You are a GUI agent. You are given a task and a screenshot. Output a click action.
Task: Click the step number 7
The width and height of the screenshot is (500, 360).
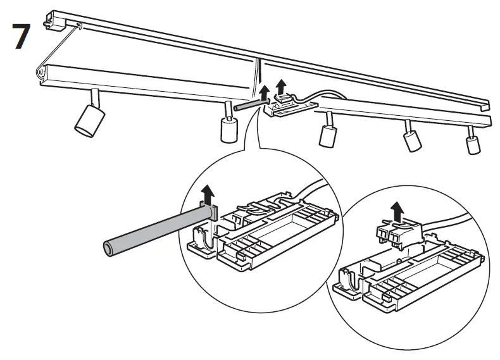[21, 37]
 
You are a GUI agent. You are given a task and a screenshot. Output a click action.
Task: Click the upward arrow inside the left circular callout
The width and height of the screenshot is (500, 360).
[205, 192]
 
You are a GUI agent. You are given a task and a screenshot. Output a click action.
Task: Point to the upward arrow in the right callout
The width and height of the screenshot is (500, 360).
[397, 209]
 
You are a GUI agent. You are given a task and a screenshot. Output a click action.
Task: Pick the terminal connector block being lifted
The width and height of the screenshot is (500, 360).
[396, 234]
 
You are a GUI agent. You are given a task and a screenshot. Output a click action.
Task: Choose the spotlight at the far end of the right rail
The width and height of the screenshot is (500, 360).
[472, 144]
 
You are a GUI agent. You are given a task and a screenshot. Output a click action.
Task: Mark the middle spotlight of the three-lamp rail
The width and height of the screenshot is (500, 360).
[413, 140]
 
